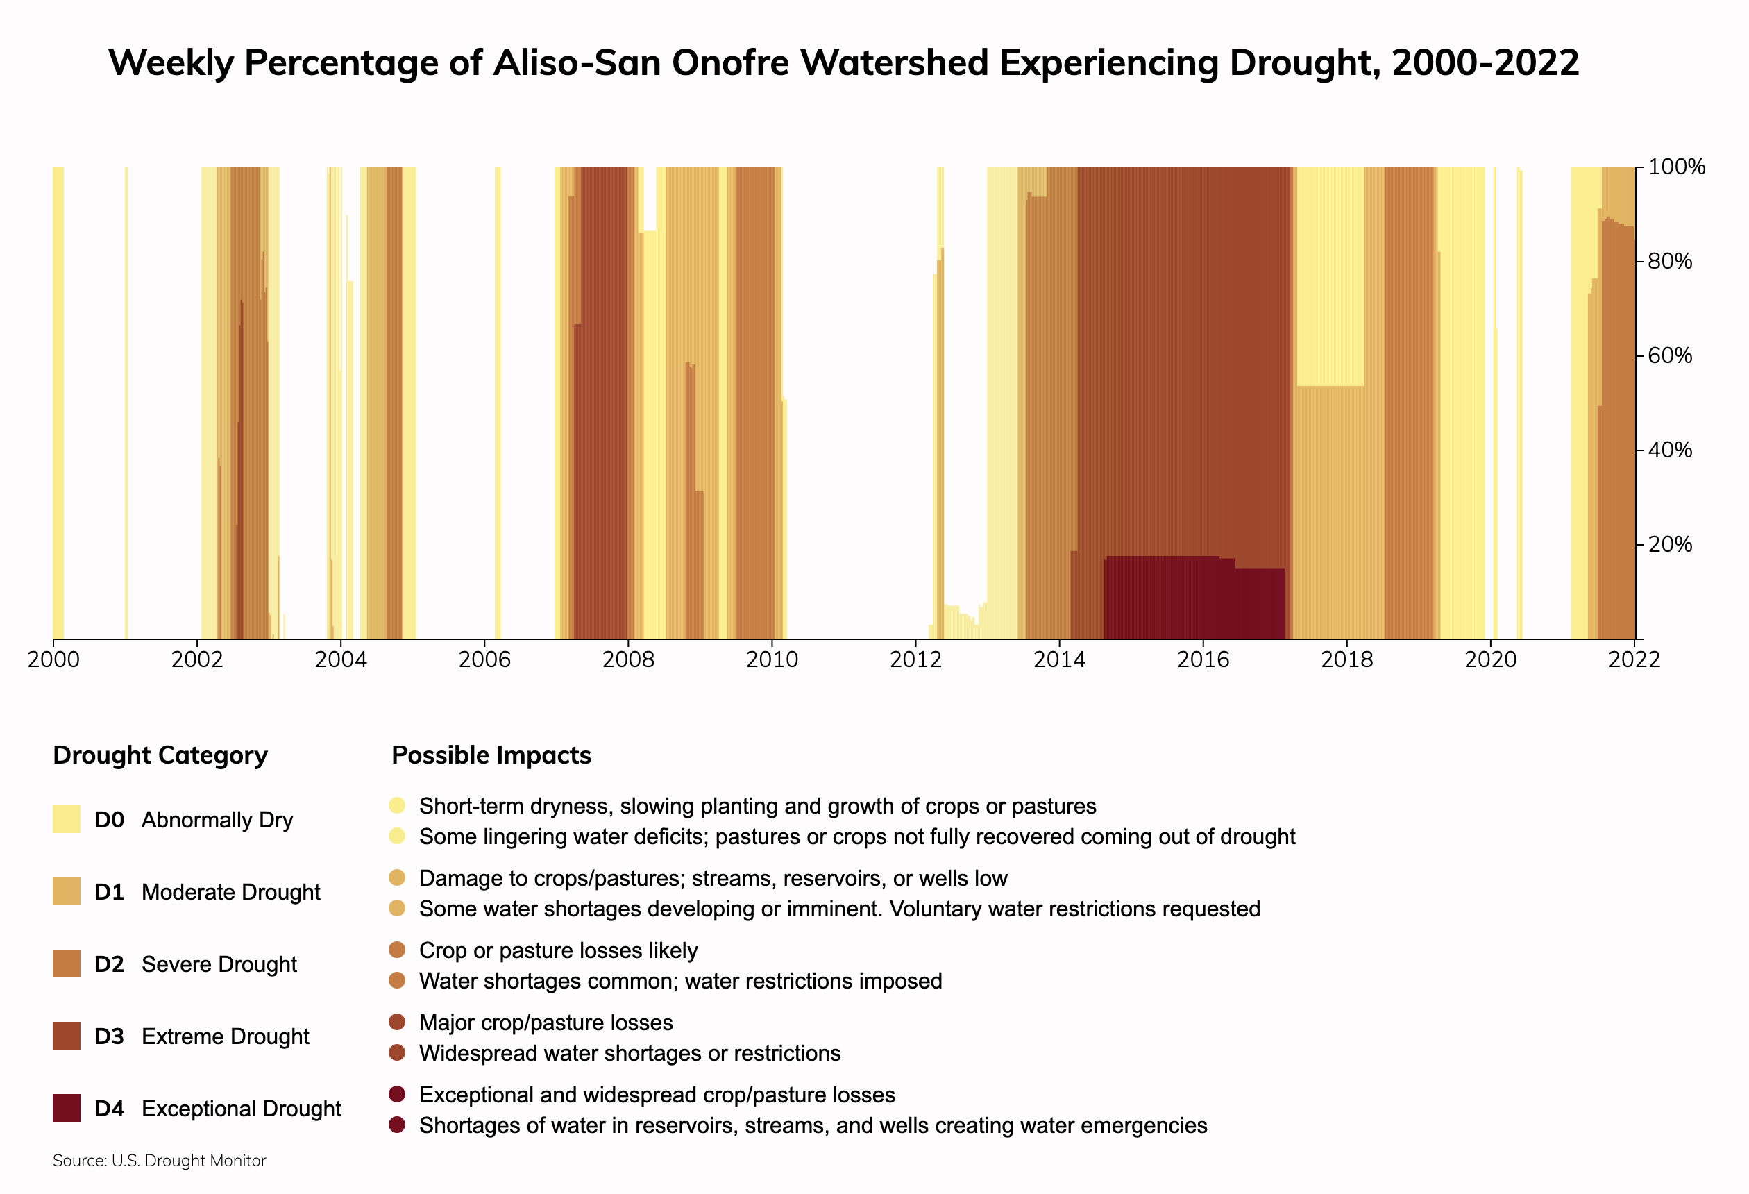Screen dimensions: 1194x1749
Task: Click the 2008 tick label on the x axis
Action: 627,660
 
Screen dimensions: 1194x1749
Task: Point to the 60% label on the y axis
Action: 1669,355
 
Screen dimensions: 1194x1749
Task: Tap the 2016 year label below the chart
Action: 1203,660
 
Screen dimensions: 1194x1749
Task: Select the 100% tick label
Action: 1676,167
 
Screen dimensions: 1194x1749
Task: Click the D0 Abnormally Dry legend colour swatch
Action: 66,819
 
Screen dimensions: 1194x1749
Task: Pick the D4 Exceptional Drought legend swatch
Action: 66,1108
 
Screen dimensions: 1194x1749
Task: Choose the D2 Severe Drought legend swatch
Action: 66,964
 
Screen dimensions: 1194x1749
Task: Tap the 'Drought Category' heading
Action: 160,755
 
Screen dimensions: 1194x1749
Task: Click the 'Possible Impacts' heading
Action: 491,755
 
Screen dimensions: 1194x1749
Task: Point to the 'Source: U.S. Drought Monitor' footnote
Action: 160,1161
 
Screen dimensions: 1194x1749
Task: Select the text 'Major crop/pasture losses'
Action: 546,1023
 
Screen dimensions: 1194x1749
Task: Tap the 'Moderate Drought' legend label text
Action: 230,892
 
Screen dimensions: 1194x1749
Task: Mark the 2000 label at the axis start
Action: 53,660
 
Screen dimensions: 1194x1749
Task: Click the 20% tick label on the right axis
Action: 1669,544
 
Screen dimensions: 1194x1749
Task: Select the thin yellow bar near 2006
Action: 498,403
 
